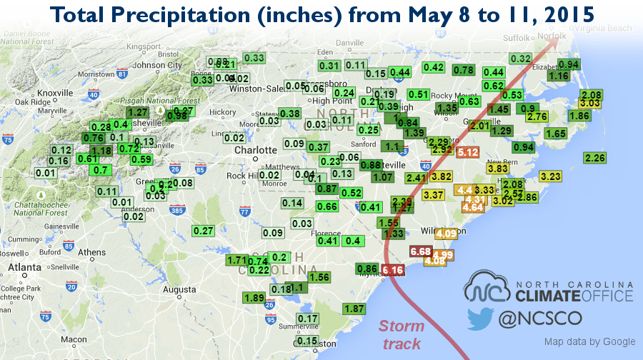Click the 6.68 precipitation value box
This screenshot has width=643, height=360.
click(421, 251)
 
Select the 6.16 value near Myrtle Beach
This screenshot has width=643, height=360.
click(393, 270)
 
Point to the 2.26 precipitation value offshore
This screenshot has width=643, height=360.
click(594, 158)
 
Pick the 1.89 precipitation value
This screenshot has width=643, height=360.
click(254, 298)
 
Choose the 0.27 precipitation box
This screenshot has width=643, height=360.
click(204, 231)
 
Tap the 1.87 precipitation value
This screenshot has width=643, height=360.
click(354, 309)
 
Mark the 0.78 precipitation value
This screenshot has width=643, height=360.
click(464, 70)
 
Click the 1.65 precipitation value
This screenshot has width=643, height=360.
click(555, 134)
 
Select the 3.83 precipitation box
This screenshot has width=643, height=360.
click(497, 169)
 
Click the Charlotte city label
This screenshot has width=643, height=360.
click(255, 150)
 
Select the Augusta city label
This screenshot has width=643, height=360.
click(179, 290)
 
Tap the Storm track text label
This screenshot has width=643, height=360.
click(402, 335)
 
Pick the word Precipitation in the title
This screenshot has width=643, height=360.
click(209, 15)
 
